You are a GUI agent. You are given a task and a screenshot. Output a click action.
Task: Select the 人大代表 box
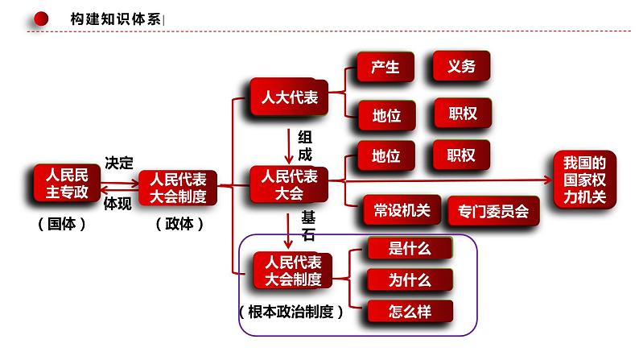(289, 98)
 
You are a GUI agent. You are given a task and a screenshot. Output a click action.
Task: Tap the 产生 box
(385, 68)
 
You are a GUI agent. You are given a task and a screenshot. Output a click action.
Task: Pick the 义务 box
(461, 68)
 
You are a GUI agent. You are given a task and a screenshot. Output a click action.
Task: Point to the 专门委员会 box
(493, 211)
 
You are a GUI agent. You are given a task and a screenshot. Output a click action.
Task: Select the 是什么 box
(409, 250)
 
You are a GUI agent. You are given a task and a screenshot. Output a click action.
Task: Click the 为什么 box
(409, 280)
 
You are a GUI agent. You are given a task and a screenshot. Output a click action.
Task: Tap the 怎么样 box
(409, 311)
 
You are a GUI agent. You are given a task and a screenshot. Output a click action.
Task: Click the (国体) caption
(61, 226)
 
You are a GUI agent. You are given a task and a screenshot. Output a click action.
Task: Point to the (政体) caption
(179, 226)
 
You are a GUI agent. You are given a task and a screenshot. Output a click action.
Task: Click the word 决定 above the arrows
(118, 161)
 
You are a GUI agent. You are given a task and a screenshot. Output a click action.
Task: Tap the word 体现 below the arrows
(118, 204)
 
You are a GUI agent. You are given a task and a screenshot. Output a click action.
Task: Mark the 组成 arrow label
(304, 145)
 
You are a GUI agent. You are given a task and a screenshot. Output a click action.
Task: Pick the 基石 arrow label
(308, 226)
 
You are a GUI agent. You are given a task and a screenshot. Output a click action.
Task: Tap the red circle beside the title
(43, 18)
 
